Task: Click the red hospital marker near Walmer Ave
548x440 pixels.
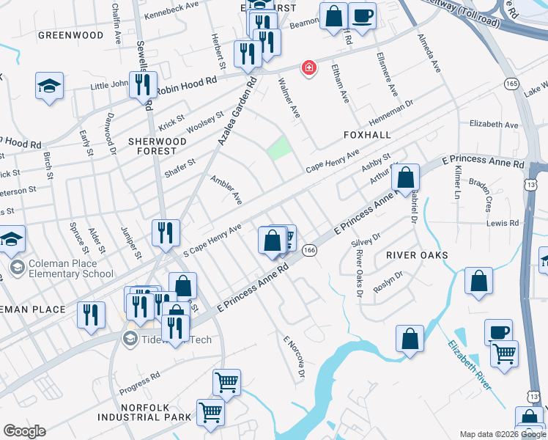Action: (309, 68)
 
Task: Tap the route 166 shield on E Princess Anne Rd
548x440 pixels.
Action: (310, 250)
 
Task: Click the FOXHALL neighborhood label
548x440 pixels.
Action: (366, 136)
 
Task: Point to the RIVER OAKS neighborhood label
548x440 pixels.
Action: (417, 254)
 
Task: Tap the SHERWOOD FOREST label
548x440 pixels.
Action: (153, 145)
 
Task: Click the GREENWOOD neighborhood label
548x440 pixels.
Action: (71, 35)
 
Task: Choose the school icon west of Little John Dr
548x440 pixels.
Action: (49, 85)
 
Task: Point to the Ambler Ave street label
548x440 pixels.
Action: (226, 188)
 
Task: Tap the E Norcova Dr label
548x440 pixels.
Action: (294, 358)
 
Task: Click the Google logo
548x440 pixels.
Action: (24, 431)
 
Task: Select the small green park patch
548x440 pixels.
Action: (278, 149)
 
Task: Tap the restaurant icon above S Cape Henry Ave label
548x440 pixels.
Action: (166, 232)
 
